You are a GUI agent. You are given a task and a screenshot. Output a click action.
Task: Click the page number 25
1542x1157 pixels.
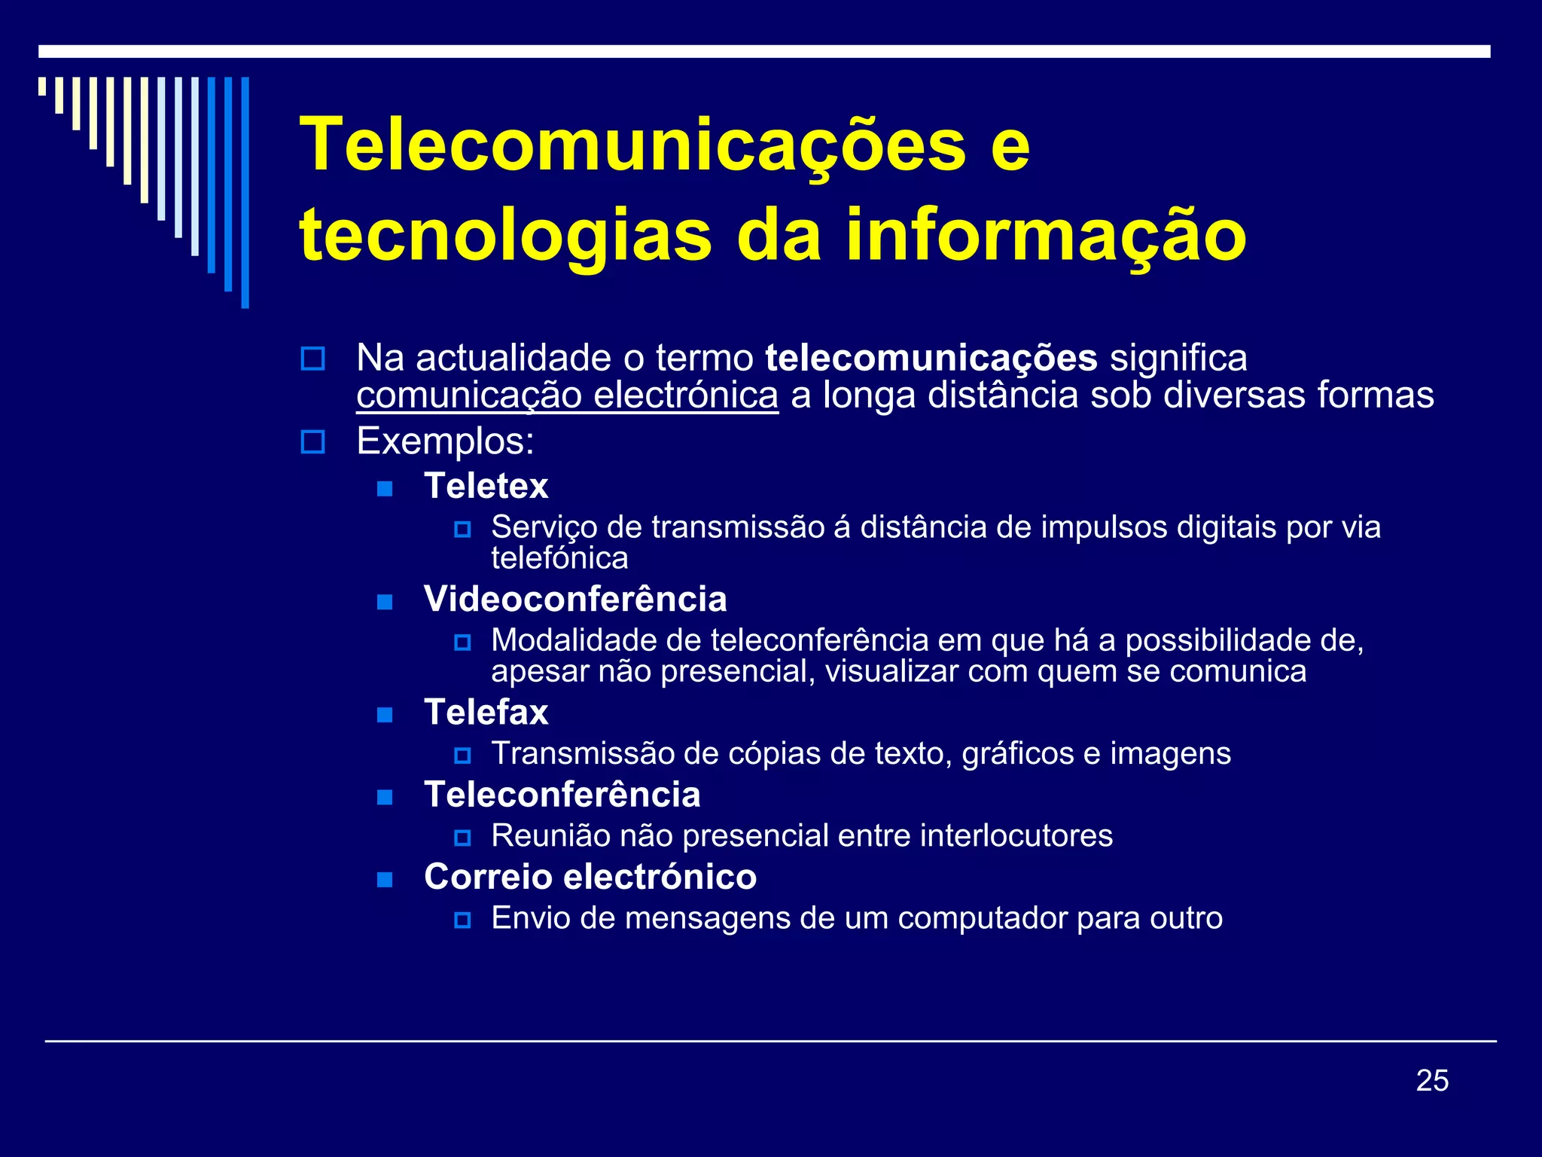(x=1431, y=1080)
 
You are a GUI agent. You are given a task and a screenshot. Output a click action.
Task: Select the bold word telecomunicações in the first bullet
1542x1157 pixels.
(x=931, y=358)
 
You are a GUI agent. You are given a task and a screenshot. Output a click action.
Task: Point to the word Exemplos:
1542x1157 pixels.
(x=445, y=441)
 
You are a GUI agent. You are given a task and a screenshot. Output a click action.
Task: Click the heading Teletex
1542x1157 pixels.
(x=486, y=486)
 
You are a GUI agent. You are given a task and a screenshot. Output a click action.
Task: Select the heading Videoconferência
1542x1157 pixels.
(x=575, y=600)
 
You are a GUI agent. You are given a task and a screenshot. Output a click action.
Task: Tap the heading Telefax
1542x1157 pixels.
(x=486, y=713)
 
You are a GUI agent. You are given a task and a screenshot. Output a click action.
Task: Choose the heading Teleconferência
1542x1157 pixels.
(x=562, y=795)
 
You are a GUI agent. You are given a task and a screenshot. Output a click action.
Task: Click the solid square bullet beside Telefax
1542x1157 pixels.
(x=385, y=714)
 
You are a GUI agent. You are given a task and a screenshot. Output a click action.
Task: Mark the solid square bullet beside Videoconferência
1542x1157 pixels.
(x=385, y=601)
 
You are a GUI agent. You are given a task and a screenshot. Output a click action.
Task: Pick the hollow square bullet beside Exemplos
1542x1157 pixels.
(x=312, y=441)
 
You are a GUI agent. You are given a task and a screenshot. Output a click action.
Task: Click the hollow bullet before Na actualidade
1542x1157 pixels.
(x=312, y=359)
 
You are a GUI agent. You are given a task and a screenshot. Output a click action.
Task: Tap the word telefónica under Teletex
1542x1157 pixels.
(x=559, y=558)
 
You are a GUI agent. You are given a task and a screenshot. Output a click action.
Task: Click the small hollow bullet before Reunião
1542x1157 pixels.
(x=462, y=837)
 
